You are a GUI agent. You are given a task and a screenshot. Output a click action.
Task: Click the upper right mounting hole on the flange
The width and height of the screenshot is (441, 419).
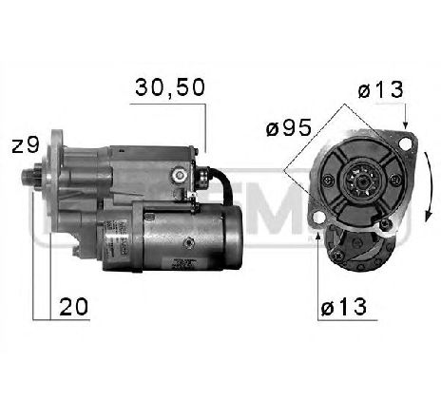point(407,145)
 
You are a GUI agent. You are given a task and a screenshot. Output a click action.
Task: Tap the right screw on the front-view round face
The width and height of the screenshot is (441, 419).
point(392,181)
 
